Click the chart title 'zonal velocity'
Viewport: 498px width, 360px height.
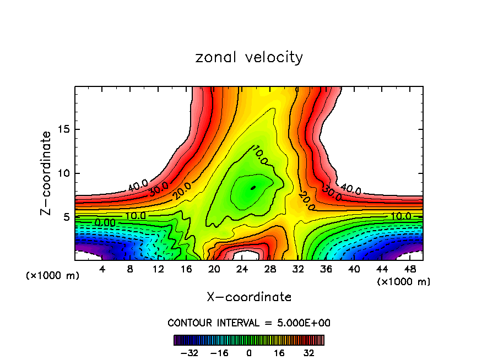[x=249, y=57]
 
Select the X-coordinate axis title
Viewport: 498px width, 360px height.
[x=249, y=297]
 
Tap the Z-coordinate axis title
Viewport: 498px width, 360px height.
[x=46, y=173]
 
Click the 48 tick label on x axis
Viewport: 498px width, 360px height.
[x=410, y=269]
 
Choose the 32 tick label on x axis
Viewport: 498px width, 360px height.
[x=298, y=269]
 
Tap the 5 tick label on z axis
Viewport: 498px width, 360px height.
[x=66, y=217]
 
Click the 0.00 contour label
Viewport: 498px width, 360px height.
[x=105, y=222]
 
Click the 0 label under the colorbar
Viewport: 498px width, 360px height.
[x=249, y=353]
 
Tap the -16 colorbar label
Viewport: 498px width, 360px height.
[x=219, y=353]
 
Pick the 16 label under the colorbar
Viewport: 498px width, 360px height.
[x=279, y=353]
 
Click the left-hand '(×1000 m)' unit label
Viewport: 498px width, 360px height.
[x=53, y=275]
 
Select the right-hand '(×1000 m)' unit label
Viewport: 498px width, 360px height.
[x=404, y=281]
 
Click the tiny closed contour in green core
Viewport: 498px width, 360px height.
[x=253, y=188]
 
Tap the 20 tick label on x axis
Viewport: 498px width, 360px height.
[x=214, y=269]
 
